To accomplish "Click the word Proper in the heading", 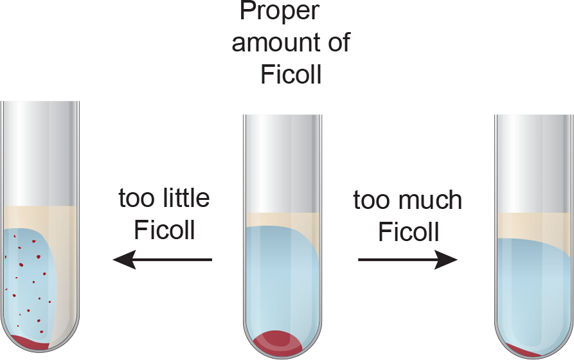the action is pos(280,10).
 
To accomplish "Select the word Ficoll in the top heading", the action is pos(291,75).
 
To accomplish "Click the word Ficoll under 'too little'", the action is pos(165,230).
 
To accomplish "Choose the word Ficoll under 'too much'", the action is pos(409,231).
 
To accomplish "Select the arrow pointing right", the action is pos(408,260).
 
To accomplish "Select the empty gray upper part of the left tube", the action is pos(39,154).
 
